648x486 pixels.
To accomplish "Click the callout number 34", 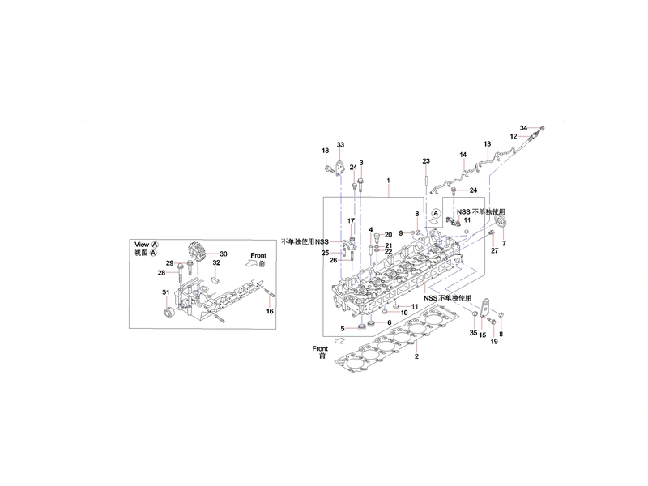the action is (x=523, y=128).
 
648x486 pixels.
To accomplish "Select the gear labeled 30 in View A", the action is (x=197, y=252).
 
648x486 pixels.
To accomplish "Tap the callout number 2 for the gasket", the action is (x=416, y=356).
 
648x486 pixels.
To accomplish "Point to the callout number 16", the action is (x=270, y=311).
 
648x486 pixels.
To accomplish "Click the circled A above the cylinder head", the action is (x=436, y=213).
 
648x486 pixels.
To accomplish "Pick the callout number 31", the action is (x=166, y=292).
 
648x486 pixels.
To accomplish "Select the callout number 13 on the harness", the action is (x=488, y=144).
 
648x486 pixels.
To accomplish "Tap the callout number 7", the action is (x=504, y=244).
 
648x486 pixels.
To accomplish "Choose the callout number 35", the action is (x=474, y=333).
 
